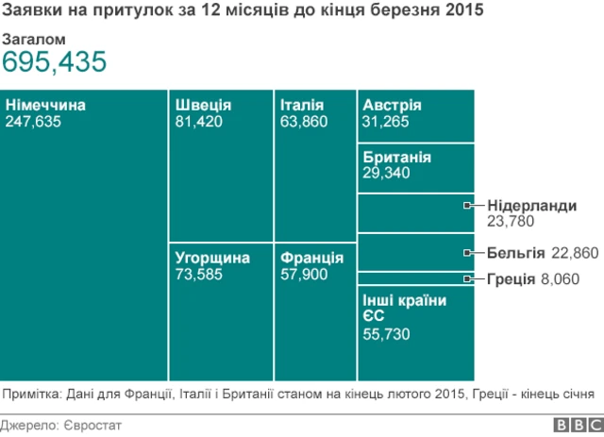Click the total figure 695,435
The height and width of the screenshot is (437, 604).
54,62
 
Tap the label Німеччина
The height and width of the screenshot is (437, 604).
45,105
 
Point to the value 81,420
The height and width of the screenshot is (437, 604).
198,121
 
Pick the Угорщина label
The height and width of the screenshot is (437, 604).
212,258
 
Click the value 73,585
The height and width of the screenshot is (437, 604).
198,274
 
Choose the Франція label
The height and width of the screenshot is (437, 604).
311,258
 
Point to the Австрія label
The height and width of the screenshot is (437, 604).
392,105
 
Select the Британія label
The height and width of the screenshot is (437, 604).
396,157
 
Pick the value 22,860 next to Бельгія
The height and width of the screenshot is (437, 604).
574,252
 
